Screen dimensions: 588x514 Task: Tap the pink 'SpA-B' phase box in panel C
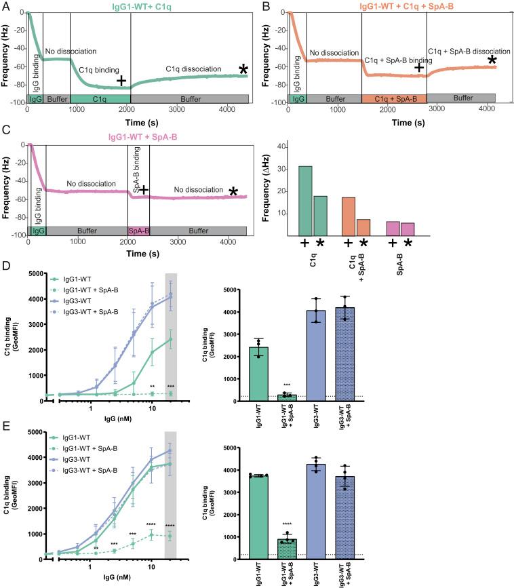pyautogui.click(x=138, y=231)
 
